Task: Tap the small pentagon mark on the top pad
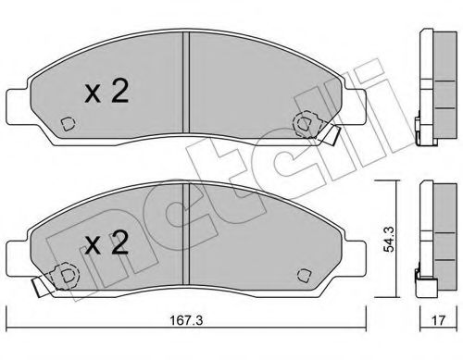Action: [x=68, y=124]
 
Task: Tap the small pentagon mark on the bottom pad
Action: [x=303, y=274]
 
